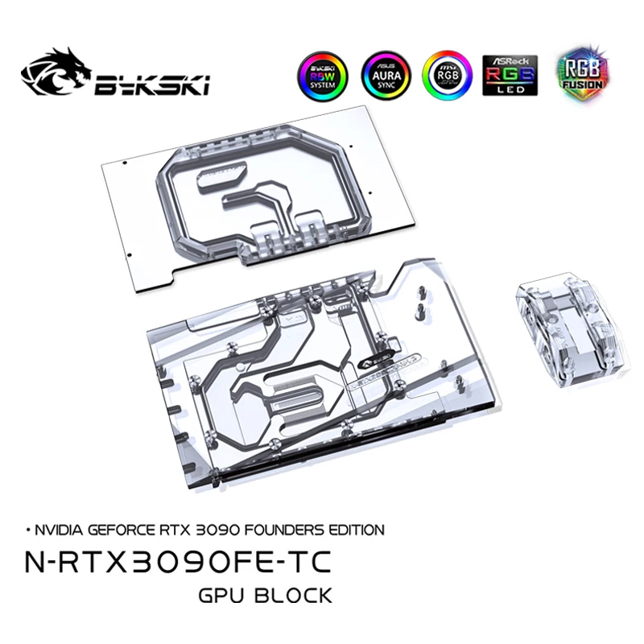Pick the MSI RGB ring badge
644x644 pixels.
click(447, 76)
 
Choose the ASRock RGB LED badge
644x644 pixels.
click(510, 76)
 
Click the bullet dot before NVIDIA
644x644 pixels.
click(29, 530)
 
